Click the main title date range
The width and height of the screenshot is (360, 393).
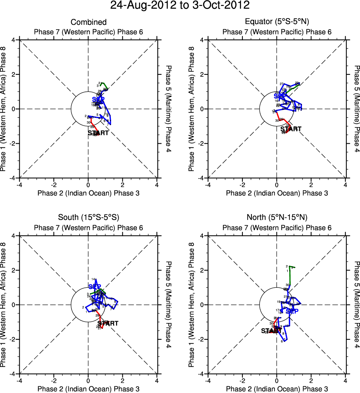[180, 6]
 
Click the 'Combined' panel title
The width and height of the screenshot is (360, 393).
[88, 23]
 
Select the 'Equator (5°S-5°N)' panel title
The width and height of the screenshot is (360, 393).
[277, 23]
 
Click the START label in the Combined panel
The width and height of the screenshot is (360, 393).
[98, 133]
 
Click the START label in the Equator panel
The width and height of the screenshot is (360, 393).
[291, 129]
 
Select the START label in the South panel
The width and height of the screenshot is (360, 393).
[108, 324]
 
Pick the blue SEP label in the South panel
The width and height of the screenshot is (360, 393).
[95, 287]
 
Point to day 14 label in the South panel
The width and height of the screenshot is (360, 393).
[93, 279]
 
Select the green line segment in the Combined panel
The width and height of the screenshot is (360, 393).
[105, 86]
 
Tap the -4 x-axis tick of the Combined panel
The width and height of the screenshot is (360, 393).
[19, 184]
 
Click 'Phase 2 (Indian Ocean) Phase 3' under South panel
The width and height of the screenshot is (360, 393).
[88, 389]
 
